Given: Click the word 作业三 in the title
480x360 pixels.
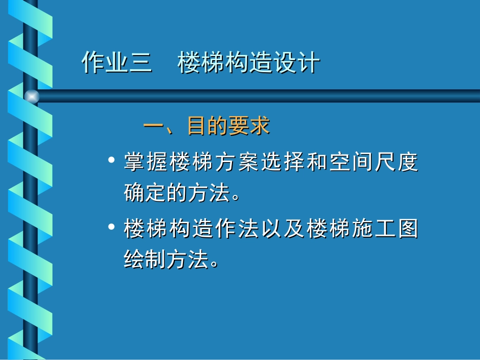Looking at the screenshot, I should [117, 64].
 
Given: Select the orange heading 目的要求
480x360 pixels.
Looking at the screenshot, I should [228, 126].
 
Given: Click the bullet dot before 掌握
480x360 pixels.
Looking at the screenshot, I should [112, 161].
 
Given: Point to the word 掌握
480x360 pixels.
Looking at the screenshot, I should [146, 163].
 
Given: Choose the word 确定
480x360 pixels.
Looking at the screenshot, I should [146, 193].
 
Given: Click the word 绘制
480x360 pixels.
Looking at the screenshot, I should [146, 260].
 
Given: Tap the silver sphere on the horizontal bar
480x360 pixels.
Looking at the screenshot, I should [31, 96].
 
